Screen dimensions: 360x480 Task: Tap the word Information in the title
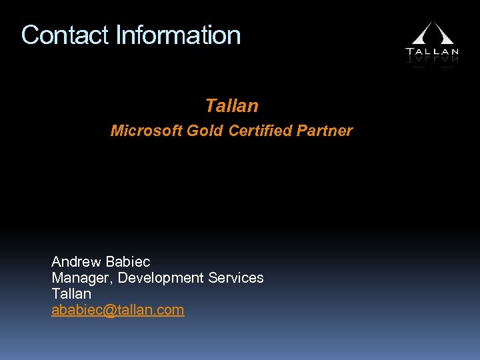coord(178,35)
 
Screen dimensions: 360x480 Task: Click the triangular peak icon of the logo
coord(432,33)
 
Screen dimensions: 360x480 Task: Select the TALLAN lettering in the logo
coord(432,51)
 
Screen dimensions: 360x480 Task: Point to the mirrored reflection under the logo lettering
coord(432,59)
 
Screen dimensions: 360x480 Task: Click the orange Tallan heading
coord(231,105)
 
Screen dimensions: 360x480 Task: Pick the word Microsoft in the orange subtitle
coord(146,131)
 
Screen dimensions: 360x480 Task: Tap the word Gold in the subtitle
coord(205,131)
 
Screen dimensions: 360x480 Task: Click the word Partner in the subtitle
coord(325,131)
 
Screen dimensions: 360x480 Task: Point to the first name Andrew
coord(76,261)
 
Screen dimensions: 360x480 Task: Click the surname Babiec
coord(128,261)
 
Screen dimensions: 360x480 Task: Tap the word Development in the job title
coord(161,277)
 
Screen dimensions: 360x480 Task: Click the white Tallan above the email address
coord(71,293)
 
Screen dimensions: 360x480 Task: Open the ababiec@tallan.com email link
coord(117,310)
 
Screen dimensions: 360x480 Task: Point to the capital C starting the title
coord(30,35)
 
